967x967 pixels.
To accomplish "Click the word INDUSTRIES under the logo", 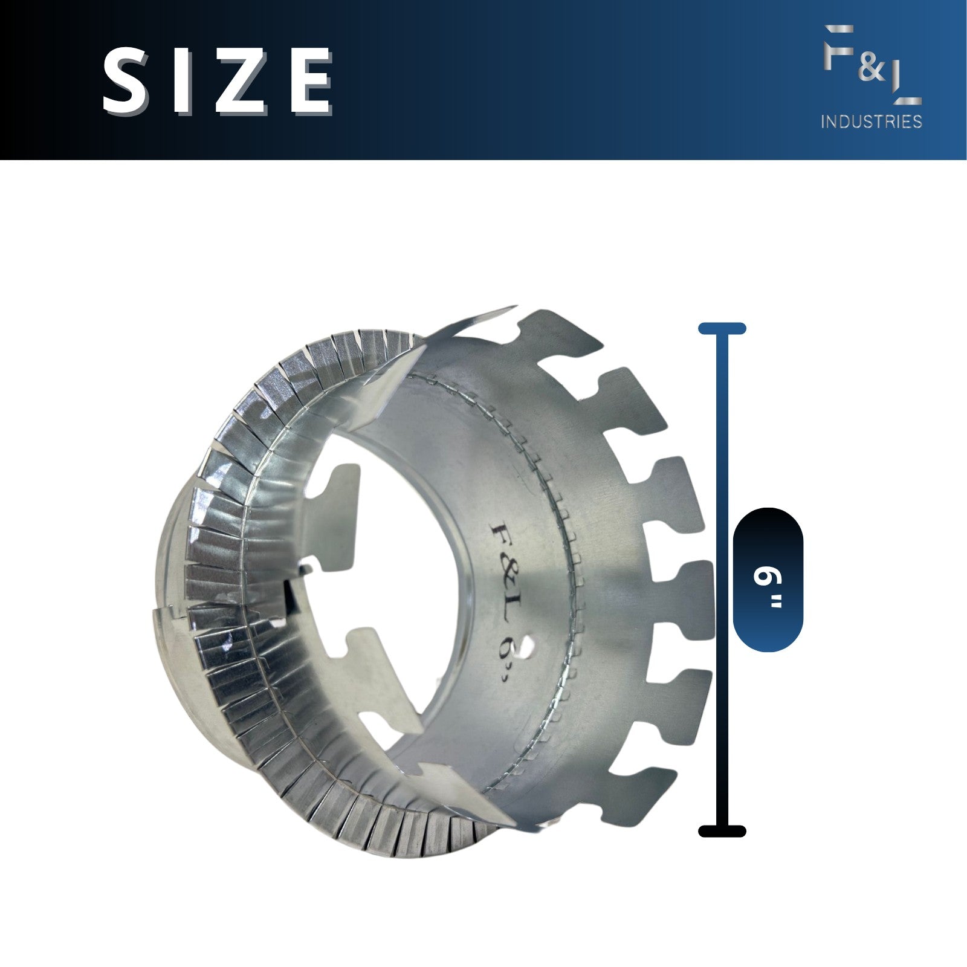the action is [871, 121].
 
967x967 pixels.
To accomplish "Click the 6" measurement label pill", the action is [768, 580].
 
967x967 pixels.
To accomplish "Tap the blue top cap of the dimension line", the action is [722, 329].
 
